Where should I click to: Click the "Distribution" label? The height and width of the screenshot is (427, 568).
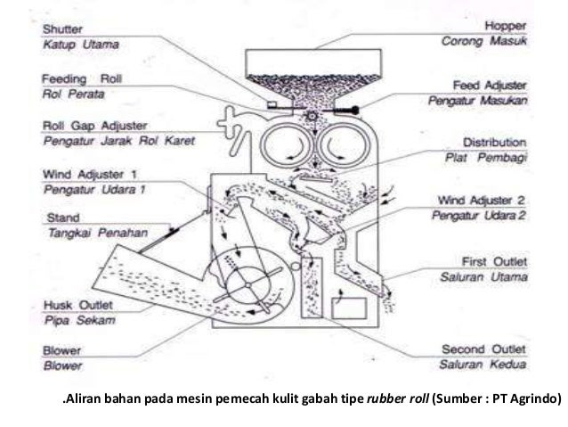coord(494,142)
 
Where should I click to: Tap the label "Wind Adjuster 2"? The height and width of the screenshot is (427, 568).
coord(483,200)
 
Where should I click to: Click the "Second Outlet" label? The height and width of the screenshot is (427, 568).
coord(483,349)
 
